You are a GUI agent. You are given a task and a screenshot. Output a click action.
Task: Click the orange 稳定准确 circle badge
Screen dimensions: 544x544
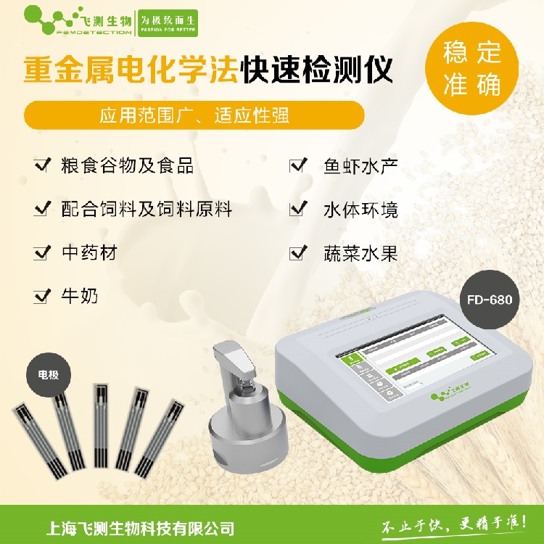472,72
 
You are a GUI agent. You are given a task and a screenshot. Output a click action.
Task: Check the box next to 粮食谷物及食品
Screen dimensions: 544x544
41,165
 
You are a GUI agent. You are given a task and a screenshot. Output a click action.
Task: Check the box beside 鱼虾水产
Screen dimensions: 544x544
297,165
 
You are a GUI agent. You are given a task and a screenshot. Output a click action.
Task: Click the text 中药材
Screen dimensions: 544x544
89,252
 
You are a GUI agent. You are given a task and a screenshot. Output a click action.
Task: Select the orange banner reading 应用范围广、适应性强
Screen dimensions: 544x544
193,116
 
